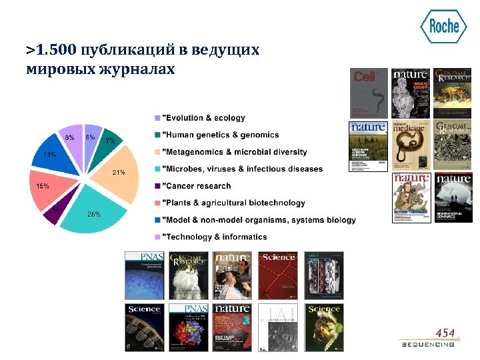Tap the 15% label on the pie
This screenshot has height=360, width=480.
[43, 186]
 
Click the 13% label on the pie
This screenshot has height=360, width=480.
[50, 155]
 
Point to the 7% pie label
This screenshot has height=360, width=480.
[111, 141]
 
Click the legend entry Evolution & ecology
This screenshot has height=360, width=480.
[204, 118]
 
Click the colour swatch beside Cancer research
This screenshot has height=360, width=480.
[157, 186]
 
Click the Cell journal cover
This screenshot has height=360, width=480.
[369, 93]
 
